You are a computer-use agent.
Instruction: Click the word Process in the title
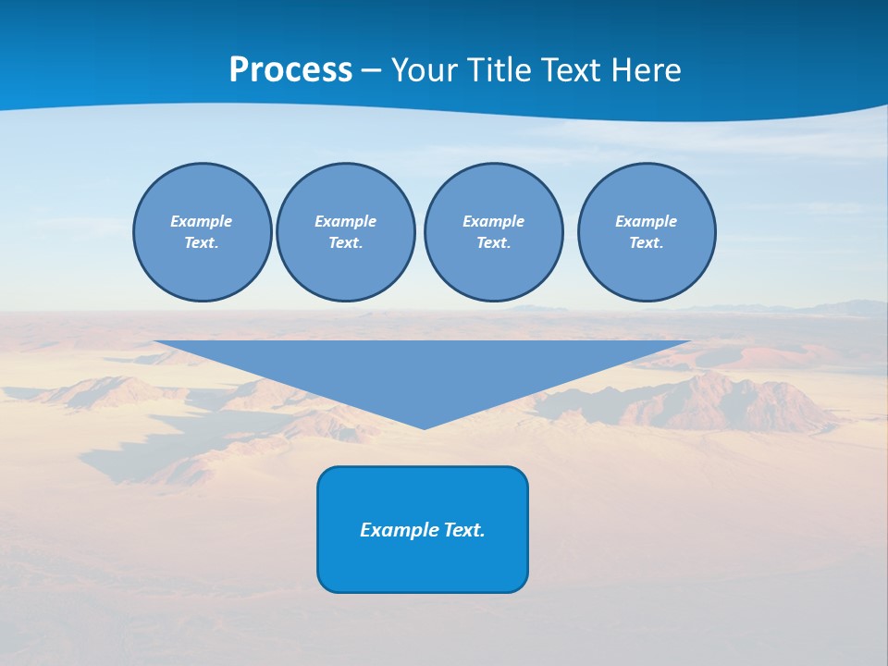pyautogui.click(x=290, y=70)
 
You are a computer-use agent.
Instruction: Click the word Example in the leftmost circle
pyautogui.click(x=202, y=221)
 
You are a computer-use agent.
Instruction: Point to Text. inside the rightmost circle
pyautogui.click(x=647, y=243)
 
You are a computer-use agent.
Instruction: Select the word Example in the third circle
pyautogui.click(x=493, y=221)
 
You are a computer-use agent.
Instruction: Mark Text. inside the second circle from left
pyautogui.click(x=345, y=243)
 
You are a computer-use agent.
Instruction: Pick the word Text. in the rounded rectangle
pyautogui.click(x=465, y=530)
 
